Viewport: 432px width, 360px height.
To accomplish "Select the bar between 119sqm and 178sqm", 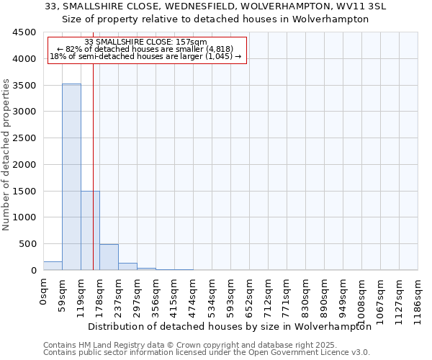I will pos(90,230).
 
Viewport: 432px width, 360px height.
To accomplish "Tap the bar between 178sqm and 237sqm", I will pos(109,257).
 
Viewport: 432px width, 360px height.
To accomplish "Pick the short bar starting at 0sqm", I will pos(53,266).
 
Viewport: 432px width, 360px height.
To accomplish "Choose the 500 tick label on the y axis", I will pos(27,244).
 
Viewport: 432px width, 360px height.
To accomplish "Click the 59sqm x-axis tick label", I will pos(63,294).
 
